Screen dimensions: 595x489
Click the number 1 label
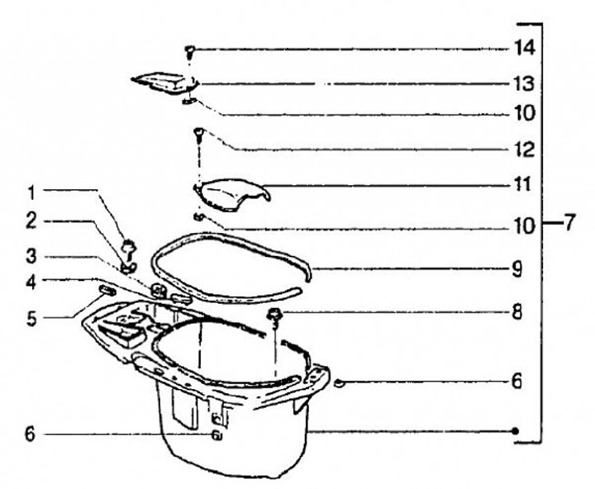click(x=31, y=192)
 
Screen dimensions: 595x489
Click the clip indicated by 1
click(x=129, y=244)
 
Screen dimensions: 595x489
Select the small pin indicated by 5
click(x=106, y=290)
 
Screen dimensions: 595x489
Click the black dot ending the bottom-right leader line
click(x=515, y=431)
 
